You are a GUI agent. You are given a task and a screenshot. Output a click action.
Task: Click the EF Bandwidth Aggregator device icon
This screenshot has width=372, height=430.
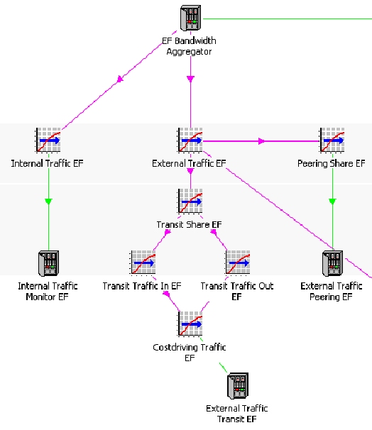tap(191, 18)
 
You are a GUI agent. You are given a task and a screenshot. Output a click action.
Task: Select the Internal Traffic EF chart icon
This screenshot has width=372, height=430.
tap(48, 140)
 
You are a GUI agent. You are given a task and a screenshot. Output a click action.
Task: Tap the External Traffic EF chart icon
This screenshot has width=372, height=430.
tap(190, 140)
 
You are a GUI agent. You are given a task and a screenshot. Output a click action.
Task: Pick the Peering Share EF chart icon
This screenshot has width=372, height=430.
tap(332, 140)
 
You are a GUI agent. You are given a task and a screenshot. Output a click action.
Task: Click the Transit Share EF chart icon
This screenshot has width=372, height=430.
tap(190, 201)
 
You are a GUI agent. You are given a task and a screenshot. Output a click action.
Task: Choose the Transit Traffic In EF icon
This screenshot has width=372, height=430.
tap(143, 263)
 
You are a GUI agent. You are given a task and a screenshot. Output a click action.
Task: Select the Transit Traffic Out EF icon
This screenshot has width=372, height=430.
tap(238, 263)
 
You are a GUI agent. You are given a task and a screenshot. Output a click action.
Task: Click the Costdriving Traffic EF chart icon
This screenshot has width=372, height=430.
tap(190, 324)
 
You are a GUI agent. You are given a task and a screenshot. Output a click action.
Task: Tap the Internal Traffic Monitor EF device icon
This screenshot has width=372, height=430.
tap(48, 263)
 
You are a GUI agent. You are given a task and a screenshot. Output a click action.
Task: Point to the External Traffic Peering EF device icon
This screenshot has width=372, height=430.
tap(332, 263)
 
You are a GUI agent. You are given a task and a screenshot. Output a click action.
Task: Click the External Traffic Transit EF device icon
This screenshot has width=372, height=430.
tap(238, 385)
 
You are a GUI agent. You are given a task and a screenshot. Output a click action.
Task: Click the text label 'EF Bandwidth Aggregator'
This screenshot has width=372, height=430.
tap(189, 46)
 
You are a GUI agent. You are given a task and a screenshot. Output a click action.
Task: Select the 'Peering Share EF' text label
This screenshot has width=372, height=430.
tap(332, 163)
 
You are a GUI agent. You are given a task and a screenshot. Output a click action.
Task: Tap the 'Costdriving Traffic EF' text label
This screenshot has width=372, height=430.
tap(190, 353)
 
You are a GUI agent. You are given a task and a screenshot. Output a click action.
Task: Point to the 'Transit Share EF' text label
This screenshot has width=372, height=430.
tap(190, 225)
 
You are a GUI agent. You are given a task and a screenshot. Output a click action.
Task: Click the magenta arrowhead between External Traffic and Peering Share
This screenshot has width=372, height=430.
tap(261, 141)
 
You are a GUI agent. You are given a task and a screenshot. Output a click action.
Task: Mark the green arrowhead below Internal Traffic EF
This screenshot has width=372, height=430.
tap(48, 202)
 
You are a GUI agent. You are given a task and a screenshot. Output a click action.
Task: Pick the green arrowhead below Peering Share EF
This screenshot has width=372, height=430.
tap(332, 202)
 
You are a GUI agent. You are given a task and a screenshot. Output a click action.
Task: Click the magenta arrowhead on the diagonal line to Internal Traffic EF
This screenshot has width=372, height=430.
tap(120, 79)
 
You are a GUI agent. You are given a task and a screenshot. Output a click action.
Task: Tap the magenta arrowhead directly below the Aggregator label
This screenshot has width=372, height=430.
tap(191, 79)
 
